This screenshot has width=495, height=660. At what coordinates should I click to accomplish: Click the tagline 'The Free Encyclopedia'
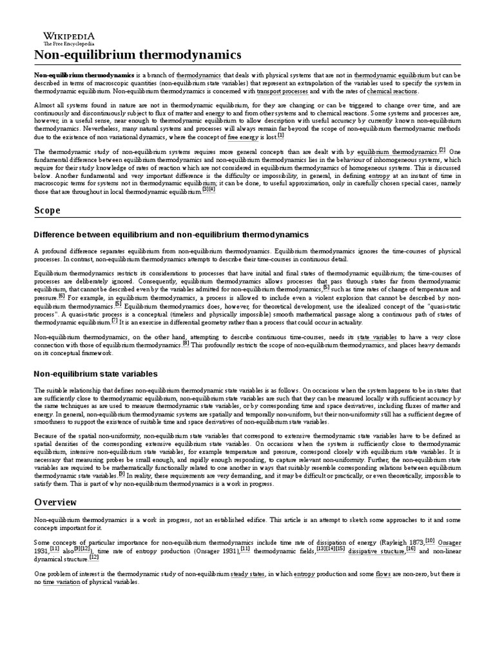click(x=64, y=43)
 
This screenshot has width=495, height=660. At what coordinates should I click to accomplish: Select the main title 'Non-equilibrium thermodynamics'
click(x=129, y=55)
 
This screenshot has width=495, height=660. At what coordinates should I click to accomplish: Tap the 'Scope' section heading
click(x=48, y=210)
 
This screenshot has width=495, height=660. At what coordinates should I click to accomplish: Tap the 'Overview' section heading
click(x=55, y=501)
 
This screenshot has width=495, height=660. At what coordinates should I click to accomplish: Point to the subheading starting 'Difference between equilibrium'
click(x=171, y=234)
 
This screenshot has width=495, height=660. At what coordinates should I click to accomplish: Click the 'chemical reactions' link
click(x=393, y=92)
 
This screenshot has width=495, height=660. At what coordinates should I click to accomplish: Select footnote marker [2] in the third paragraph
click(x=442, y=150)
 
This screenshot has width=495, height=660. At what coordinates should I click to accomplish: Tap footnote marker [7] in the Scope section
click(x=115, y=320)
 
